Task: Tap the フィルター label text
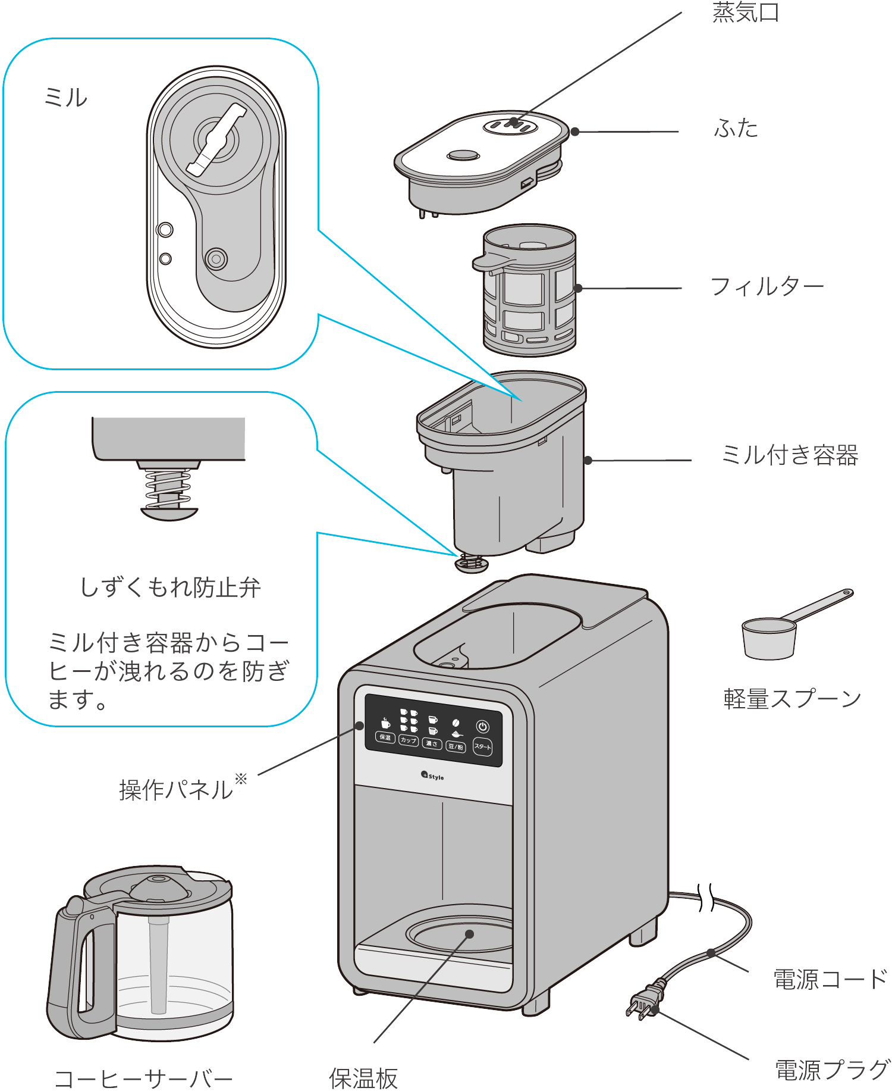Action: tap(767, 287)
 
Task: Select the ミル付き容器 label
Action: tap(789, 455)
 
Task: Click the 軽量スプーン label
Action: tap(792, 699)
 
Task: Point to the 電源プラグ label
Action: tap(832, 1070)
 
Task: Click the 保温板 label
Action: tap(363, 1078)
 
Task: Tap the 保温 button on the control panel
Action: tap(385, 737)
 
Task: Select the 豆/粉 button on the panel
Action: tap(456, 746)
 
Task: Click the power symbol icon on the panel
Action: tap(482, 727)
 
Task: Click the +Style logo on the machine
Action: tap(432, 776)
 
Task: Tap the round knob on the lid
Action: tap(463, 155)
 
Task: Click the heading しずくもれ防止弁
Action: tap(170, 587)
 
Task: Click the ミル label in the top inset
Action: tap(65, 97)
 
